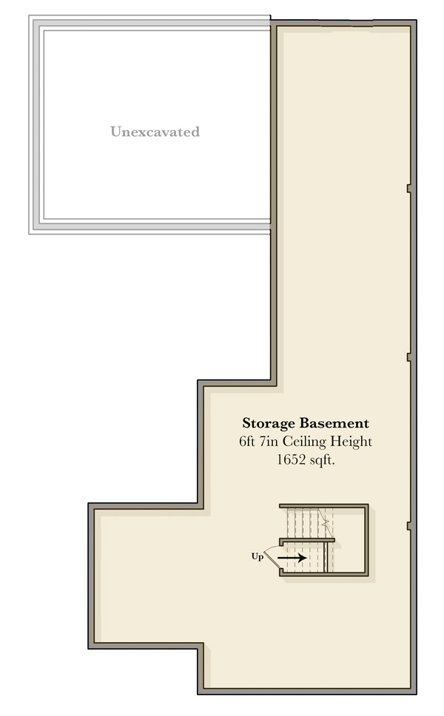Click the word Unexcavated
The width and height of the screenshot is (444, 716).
155,132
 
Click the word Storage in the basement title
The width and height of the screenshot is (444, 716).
269,424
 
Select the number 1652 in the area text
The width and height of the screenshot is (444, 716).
291,459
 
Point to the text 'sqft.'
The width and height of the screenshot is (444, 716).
323,460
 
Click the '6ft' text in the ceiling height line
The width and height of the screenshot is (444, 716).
247,441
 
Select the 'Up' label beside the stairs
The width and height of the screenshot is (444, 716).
258,557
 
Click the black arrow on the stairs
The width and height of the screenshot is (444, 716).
292,558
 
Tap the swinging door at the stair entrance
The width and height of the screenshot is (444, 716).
273,557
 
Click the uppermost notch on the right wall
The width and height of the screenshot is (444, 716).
408,188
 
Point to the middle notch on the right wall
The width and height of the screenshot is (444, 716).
408,357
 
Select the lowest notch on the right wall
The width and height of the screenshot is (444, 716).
408,526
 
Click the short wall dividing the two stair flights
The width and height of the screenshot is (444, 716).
307,541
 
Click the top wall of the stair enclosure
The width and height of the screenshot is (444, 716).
324,505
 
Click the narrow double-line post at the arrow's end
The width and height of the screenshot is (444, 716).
326,557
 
